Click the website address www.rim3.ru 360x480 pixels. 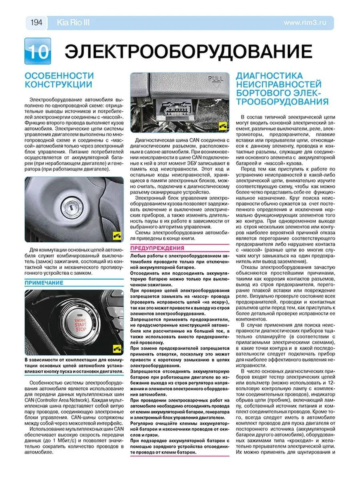click(305, 23)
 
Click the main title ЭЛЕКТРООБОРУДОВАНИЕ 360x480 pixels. click(188, 52)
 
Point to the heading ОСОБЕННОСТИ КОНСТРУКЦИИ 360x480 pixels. click(59, 80)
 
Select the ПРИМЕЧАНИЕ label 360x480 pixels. click(44, 283)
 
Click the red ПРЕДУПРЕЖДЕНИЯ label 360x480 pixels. click(157, 248)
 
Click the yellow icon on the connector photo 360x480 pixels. click(223, 127)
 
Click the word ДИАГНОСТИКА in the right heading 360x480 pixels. click(269, 76)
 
